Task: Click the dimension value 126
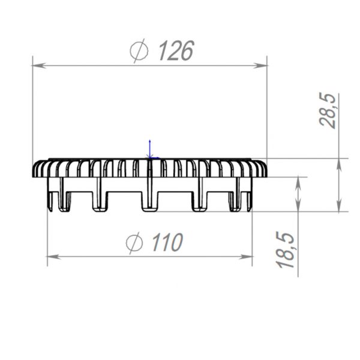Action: point(176,51)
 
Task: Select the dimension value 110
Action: point(167,242)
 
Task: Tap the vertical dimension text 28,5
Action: point(328,110)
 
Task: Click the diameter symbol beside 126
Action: point(139,51)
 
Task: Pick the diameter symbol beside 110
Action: point(134,243)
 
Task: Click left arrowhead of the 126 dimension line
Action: point(39,65)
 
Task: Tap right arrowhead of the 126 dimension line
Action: point(260,65)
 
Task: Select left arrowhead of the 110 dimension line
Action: point(54,257)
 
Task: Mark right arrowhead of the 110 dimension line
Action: point(245,257)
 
